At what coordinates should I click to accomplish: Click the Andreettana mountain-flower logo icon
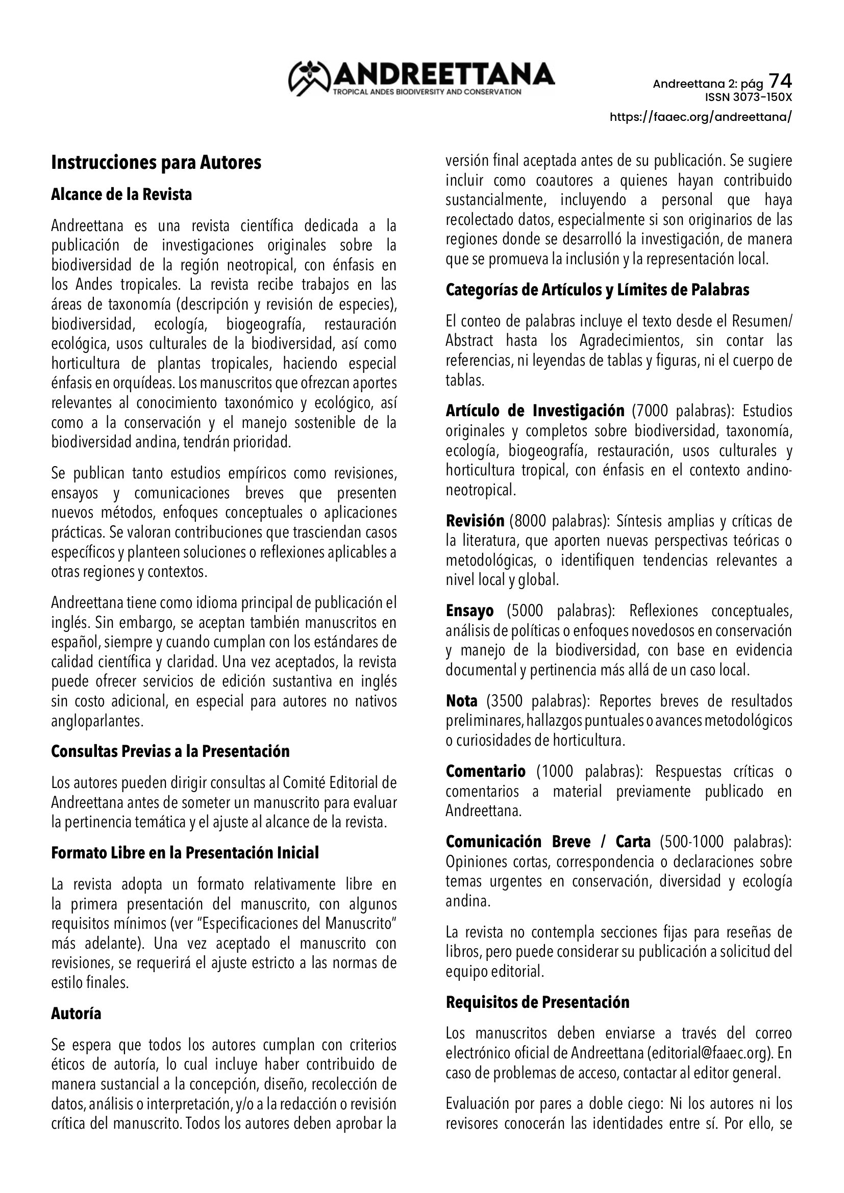pos(310,78)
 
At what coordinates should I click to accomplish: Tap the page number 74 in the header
pos(780,81)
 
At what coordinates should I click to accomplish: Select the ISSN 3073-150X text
pos(749,97)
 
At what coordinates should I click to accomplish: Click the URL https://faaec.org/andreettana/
pos(701,117)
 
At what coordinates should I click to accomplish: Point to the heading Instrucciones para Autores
pos(156,163)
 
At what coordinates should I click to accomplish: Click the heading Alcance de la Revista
pos(121,194)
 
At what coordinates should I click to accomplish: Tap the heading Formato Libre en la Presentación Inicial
pos(185,853)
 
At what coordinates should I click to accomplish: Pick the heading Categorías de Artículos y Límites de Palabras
pos(598,290)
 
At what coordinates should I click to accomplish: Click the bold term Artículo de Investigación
pos(535,411)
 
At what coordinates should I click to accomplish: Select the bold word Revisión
pos(475,521)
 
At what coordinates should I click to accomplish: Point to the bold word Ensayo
pos(470,611)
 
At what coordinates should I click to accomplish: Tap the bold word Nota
pos(461,701)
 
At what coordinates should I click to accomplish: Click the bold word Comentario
pos(485,772)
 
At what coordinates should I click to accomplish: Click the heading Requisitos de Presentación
pos(537,1002)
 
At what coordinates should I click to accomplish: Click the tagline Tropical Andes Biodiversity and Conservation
pos(427,92)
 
